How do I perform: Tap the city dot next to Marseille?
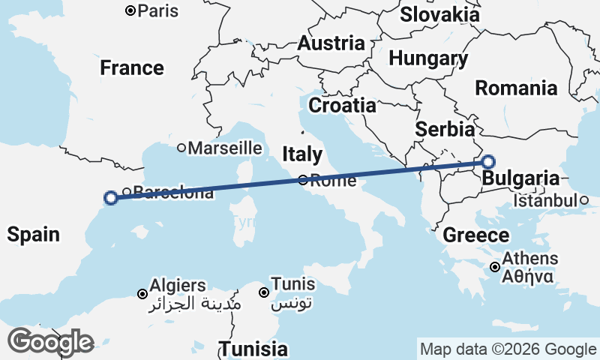(x=181, y=148)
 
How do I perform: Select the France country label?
(x=132, y=68)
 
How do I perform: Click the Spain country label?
(x=33, y=235)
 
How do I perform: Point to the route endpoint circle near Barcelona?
(x=111, y=198)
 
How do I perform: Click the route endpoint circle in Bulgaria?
(x=488, y=161)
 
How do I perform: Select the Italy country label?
(x=303, y=154)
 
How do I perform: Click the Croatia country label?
(x=342, y=106)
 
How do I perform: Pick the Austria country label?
(x=331, y=43)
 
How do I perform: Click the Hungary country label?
(x=428, y=58)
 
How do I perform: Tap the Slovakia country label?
(x=439, y=14)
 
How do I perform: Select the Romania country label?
(x=516, y=88)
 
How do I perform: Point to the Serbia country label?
(x=445, y=128)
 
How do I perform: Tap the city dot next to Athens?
(x=496, y=267)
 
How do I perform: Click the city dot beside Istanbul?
(x=583, y=200)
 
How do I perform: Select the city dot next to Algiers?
(x=142, y=293)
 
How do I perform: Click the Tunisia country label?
(x=253, y=349)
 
